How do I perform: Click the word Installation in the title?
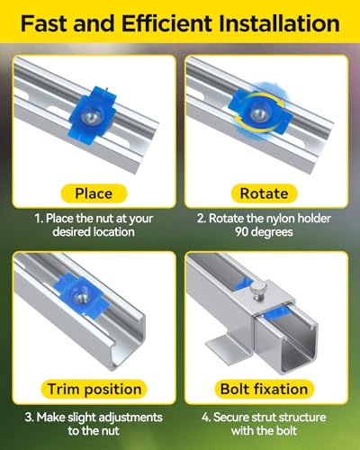click(x=280, y=23)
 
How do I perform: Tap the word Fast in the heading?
click(x=44, y=23)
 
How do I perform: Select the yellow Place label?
click(x=94, y=193)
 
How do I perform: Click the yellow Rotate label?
click(x=264, y=193)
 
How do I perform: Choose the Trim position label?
click(x=94, y=389)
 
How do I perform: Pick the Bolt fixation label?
click(x=264, y=389)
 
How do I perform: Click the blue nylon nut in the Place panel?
click(x=93, y=116)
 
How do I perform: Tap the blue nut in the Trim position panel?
click(x=81, y=295)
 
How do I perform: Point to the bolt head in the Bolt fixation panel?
click(x=257, y=291)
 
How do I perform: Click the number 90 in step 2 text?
click(x=241, y=232)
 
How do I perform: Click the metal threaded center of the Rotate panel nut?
click(x=258, y=113)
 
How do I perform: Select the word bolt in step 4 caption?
click(x=286, y=431)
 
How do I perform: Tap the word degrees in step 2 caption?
click(x=272, y=232)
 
